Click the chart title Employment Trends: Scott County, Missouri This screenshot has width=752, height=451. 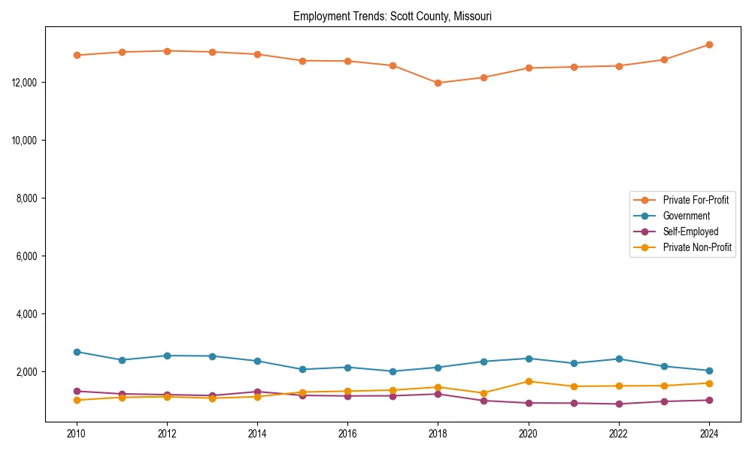[393, 16]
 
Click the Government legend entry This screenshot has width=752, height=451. [686, 216]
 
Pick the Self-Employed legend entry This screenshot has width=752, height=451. [690, 232]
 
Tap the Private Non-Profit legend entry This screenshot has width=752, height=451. [697, 247]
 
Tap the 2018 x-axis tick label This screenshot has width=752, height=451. [438, 434]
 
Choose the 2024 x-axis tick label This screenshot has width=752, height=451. [708, 434]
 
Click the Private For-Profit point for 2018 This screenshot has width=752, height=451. [438, 83]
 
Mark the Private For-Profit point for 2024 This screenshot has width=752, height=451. [708, 44]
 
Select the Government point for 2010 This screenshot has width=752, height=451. [77, 352]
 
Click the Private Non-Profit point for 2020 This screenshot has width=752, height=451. [528, 381]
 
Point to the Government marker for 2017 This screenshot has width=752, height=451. [393, 371]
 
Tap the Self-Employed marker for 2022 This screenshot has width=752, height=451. [618, 404]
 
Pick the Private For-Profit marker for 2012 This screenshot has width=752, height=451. [167, 51]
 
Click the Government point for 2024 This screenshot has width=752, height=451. [708, 371]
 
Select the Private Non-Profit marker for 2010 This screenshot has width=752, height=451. [77, 400]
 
